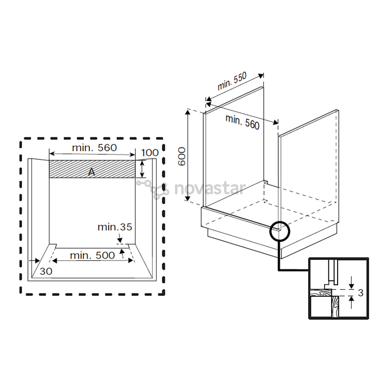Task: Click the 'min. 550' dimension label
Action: (x=232, y=82)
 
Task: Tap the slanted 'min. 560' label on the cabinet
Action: (x=242, y=122)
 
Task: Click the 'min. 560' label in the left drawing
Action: (x=94, y=148)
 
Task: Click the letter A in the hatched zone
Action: (x=91, y=172)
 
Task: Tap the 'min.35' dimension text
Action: (x=115, y=227)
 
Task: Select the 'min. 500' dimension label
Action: (x=92, y=255)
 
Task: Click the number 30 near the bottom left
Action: (x=46, y=271)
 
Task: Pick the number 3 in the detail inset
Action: (x=361, y=292)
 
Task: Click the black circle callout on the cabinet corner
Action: (x=280, y=231)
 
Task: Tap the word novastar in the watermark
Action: (x=210, y=189)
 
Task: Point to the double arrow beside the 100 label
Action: (x=142, y=169)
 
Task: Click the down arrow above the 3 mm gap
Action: (x=351, y=284)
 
